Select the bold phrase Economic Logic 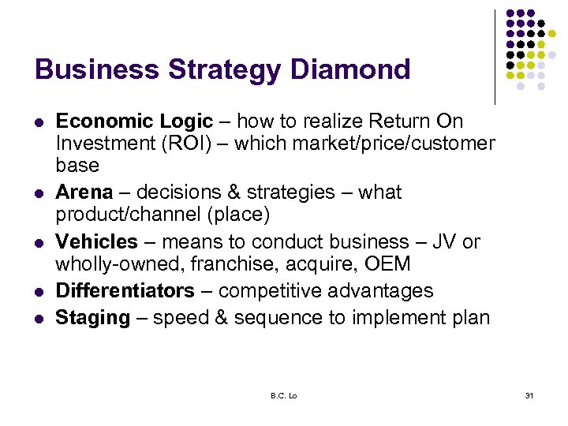(134, 121)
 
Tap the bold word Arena (84, 192)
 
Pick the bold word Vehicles (96, 241)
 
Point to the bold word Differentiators (125, 291)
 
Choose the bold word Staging (92, 318)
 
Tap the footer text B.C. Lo (282, 394)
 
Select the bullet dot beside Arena (38, 193)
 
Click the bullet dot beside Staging (38, 319)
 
